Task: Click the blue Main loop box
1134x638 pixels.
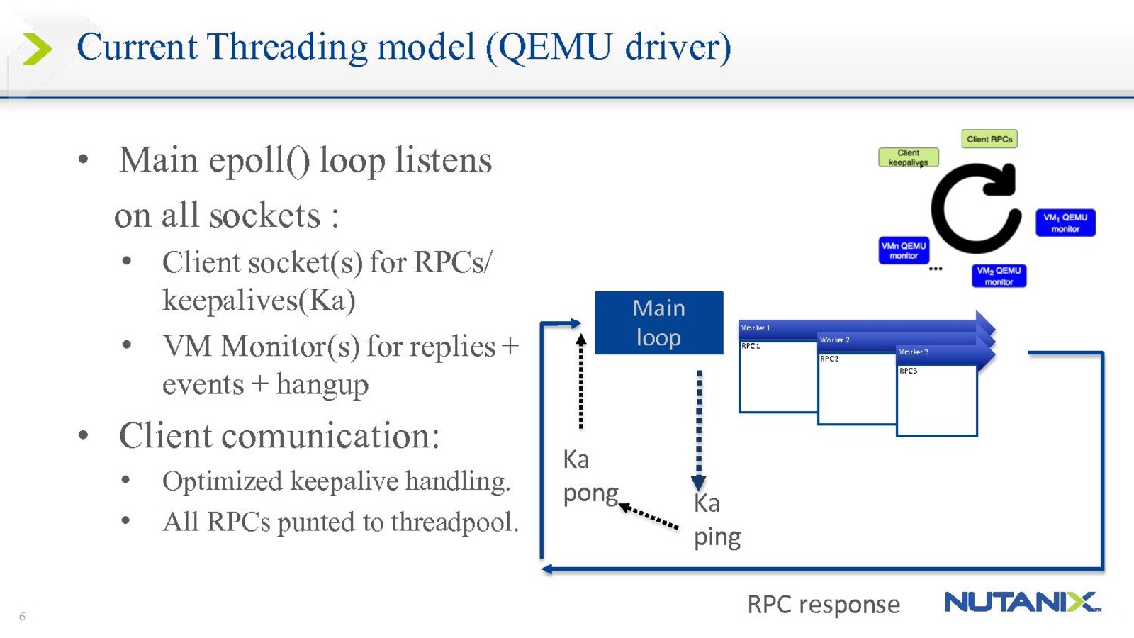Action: pos(658,323)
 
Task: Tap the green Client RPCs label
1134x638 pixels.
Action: pos(989,139)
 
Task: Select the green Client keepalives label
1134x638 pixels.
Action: pos(908,157)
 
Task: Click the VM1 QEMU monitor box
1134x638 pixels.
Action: pos(1065,223)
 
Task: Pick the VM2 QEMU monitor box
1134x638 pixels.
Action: pos(999,276)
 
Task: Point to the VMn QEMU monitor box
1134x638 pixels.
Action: pos(904,250)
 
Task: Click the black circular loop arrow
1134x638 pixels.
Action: pos(976,208)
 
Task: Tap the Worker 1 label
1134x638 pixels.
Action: pos(756,328)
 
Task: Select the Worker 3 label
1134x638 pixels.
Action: pos(914,352)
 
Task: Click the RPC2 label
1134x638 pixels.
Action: pos(829,359)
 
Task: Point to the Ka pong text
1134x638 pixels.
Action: pos(590,476)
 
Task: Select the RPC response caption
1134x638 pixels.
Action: pos(824,605)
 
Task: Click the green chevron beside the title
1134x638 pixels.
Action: pos(37,48)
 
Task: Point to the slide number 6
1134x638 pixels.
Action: pos(22,617)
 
